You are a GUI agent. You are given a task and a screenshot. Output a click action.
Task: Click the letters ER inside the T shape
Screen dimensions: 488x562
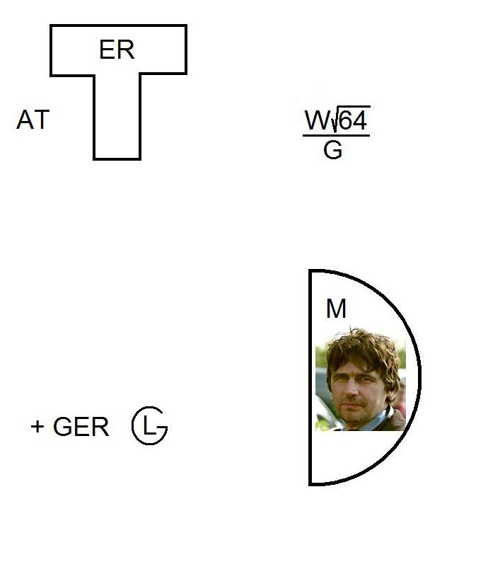point(117,50)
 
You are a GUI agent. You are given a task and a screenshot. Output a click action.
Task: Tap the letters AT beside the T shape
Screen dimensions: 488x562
point(33,120)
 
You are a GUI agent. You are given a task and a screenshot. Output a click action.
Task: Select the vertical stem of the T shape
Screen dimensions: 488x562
point(117,117)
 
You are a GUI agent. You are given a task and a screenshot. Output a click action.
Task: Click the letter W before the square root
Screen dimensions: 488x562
point(318,120)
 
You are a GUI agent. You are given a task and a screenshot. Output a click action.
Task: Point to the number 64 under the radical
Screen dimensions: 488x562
point(353,120)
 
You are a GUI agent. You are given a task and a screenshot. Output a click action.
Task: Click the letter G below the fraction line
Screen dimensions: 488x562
point(332,150)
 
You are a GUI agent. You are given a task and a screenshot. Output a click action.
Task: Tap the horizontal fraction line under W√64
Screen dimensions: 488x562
point(336,135)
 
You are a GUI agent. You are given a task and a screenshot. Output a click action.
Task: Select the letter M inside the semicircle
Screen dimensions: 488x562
point(336,308)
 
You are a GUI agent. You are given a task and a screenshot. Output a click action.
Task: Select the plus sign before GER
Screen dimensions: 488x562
point(37,427)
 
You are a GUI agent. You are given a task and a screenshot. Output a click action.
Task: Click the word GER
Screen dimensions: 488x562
point(81,427)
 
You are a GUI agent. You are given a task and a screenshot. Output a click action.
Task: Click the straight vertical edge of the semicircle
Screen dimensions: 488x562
point(310,377)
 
